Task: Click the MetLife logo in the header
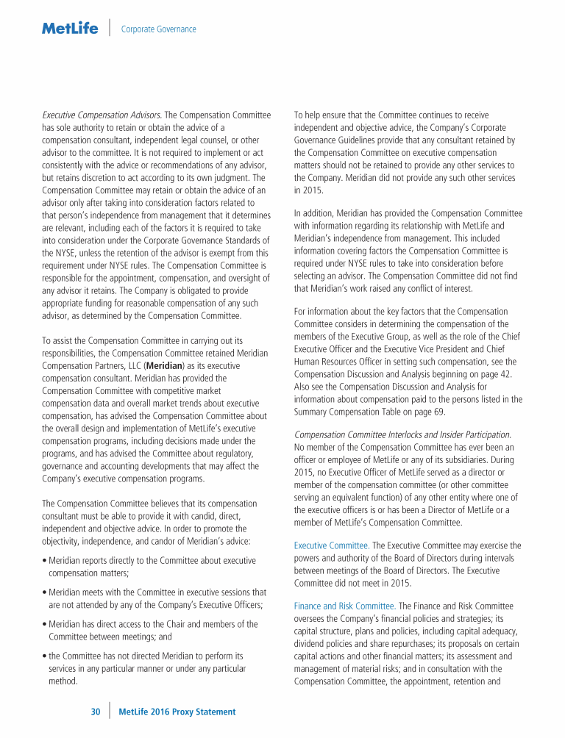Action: point(70,29)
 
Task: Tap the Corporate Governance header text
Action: point(158,29)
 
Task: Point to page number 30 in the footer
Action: point(96,712)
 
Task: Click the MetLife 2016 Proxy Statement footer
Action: point(177,712)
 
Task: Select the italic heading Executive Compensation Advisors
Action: point(102,115)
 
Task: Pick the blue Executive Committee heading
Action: point(330,545)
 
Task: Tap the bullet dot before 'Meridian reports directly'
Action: point(43,561)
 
